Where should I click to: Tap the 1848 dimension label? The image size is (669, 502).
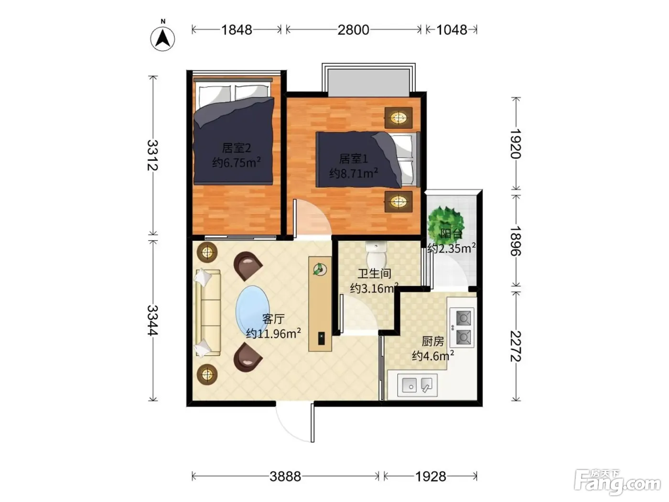tap(237, 30)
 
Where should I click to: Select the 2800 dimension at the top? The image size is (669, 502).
tap(353, 30)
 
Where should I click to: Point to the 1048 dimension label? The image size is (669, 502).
tap(452, 30)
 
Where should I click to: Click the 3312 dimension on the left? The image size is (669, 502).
tap(153, 155)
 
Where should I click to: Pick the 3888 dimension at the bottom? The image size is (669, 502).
tap(285, 476)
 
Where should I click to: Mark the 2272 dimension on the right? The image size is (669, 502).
tap(516, 346)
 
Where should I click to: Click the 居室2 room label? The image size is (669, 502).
tap(237, 148)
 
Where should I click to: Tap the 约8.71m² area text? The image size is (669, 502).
tap(354, 173)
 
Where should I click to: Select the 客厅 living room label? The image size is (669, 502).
tap(273, 319)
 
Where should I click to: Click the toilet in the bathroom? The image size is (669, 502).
tap(377, 254)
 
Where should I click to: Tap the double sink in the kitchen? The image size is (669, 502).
tap(417, 385)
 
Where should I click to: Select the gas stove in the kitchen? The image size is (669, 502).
tap(462, 327)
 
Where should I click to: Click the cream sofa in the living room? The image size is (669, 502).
tap(208, 313)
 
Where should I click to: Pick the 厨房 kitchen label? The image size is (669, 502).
tap(433, 341)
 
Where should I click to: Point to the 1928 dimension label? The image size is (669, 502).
tap(431, 476)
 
